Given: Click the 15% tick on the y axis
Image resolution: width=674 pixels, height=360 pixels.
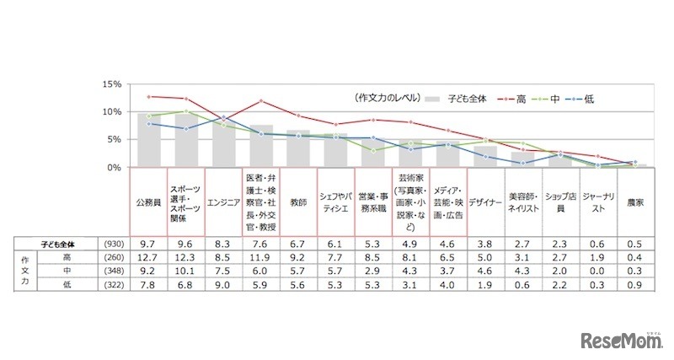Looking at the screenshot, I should tap(112, 84).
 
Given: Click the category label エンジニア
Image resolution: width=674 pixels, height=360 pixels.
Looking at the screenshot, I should tap(223, 203).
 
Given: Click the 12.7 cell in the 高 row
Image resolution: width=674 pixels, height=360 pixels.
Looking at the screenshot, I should tap(149, 257).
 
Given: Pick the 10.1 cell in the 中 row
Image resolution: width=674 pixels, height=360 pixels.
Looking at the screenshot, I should tap(186, 271).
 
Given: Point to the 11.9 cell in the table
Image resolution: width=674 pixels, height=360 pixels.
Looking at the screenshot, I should tap(261, 257).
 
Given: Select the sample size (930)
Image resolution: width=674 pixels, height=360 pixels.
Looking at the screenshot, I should tap(110, 243).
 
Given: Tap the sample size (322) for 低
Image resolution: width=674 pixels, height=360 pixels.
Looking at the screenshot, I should tap(110, 286).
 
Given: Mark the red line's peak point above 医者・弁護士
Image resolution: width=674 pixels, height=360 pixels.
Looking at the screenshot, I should tap(261, 101).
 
